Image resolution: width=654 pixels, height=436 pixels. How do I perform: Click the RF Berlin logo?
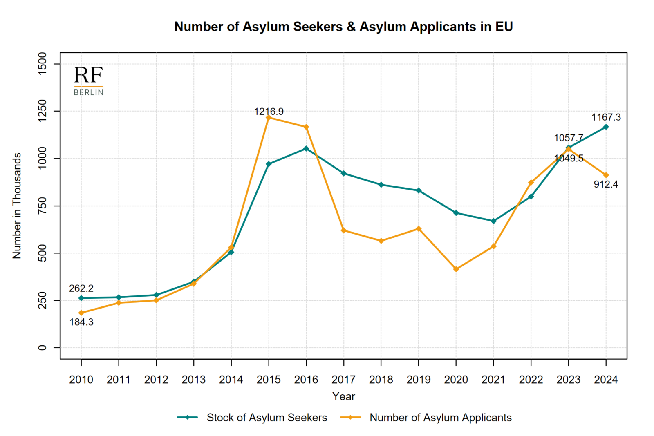click(x=88, y=81)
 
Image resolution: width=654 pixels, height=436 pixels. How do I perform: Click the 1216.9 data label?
click(x=269, y=112)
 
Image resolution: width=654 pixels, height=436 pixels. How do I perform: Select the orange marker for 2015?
click(x=269, y=118)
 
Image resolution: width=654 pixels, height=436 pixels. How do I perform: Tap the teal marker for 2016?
click(x=306, y=149)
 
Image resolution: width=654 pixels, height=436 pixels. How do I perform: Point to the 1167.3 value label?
click(x=606, y=117)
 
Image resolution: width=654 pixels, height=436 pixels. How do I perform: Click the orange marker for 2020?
click(x=456, y=269)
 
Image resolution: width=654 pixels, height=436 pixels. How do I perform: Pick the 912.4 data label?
click(x=606, y=184)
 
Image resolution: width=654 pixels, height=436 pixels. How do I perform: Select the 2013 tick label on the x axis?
click(x=194, y=380)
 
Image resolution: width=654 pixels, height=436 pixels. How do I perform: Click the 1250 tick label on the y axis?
click(x=42, y=111)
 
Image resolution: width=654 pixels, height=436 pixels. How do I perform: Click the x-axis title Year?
click(x=343, y=396)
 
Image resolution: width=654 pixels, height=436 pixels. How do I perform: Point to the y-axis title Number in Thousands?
click(x=17, y=206)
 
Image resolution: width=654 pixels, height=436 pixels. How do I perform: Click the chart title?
click(x=343, y=27)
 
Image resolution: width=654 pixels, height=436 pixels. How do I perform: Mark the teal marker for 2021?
click(x=493, y=221)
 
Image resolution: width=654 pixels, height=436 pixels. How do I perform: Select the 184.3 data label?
click(x=81, y=322)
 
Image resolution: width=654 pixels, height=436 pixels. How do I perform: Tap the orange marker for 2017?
click(x=344, y=230)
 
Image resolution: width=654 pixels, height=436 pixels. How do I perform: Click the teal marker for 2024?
click(x=606, y=127)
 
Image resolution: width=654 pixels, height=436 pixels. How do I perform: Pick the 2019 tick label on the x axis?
click(x=419, y=380)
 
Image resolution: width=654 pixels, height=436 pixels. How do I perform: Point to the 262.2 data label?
click(x=81, y=288)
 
